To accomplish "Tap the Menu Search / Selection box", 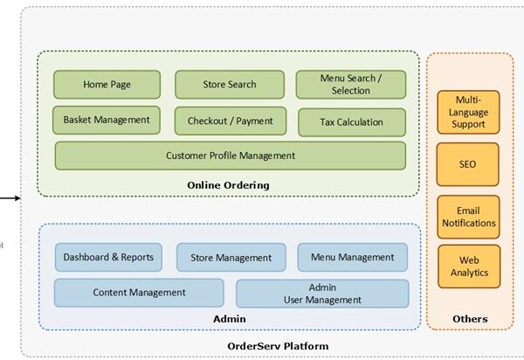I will [351, 85].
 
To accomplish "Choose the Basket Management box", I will [107, 121].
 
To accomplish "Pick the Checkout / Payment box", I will [230, 121].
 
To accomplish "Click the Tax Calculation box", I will [352, 122].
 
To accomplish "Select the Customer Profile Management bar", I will [231, 156].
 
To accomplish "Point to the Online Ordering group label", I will [228, 185].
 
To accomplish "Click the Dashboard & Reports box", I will [108, 257].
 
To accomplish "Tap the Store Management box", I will [231, 258].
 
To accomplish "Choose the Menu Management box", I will [352, 257].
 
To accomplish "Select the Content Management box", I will [139, 293].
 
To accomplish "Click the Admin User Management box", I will [322, 293].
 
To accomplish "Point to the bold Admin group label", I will [229, 319].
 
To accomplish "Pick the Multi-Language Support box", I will [468, 112].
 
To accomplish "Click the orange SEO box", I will [468, 164].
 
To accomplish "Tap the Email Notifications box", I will [468, 217].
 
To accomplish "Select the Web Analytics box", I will [468, 267].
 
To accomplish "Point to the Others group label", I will [469, 319].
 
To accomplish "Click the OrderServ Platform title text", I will [278, 346].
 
